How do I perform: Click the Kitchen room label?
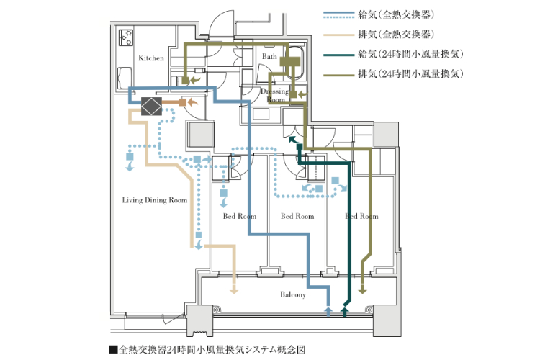point(151,58)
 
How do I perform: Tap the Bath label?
point(269,56)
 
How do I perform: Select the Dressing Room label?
point(274,96)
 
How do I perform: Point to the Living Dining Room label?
point(154,201)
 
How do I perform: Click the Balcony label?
point(293,294)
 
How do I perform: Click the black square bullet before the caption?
point(114,349)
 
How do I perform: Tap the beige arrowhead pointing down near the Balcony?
point(233,290)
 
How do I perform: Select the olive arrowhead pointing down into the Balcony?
point(362,290)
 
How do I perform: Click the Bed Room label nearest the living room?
point(239,216)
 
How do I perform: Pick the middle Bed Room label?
point(297,216)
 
